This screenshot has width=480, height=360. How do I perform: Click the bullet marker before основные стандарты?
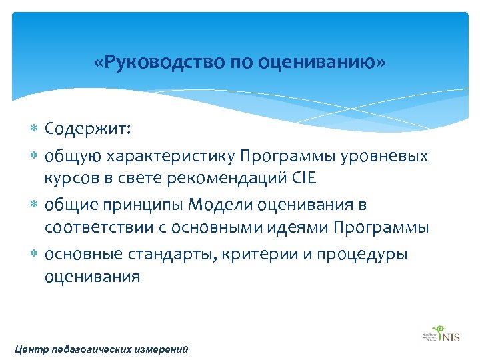tap(36, 253)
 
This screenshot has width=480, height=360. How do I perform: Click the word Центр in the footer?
tap(29, 349)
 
